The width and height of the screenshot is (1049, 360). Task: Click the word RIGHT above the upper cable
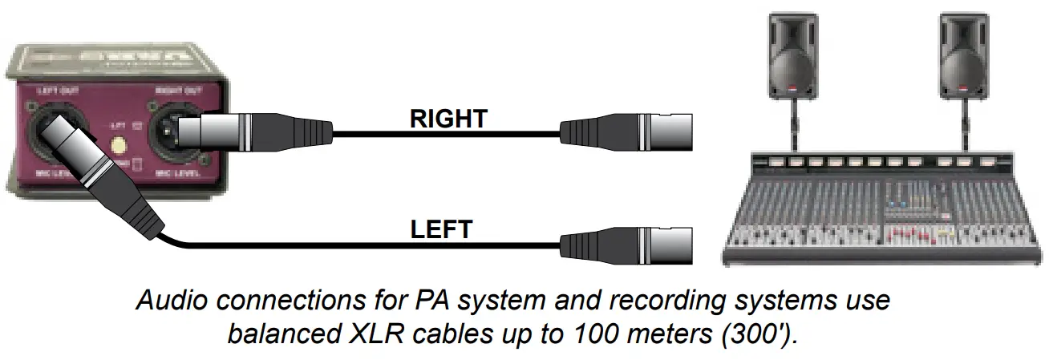(x=448, y=119)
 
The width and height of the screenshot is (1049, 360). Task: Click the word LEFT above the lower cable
(x=441, y=229)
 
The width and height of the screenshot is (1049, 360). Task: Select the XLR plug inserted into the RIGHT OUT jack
(x=257, y=129)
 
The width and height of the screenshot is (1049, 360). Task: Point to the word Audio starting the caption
(x=172, y=302)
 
